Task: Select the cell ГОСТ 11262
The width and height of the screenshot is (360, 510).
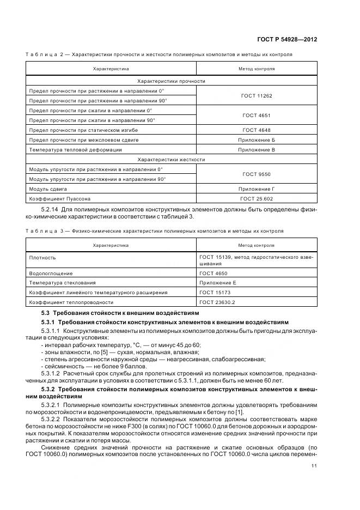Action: click(x=256, y=95)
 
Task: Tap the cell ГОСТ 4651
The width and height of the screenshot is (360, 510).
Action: click(x=256, y=115)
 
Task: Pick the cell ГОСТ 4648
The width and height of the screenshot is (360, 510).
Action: click(x=256, y=130)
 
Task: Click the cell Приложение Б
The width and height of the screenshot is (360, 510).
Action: click(x=256, y=139)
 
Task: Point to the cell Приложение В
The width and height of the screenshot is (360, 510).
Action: click(x=256, y=149)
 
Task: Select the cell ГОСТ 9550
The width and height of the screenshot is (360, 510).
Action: click(x=256, y=174)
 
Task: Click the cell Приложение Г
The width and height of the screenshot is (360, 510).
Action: click(x=256, y=189)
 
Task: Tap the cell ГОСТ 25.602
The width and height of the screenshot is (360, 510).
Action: click(x=256, y=198)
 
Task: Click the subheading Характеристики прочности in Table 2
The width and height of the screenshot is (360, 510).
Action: click(x=171, y=81)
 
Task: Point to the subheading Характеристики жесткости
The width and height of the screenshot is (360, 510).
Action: click(x=171, y=159)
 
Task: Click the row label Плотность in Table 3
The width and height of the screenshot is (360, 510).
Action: click(x=42, y=258)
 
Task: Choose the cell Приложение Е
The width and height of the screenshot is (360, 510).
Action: click(x=218, y=282)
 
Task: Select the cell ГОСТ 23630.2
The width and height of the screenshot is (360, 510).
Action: click(x=216, y=302)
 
